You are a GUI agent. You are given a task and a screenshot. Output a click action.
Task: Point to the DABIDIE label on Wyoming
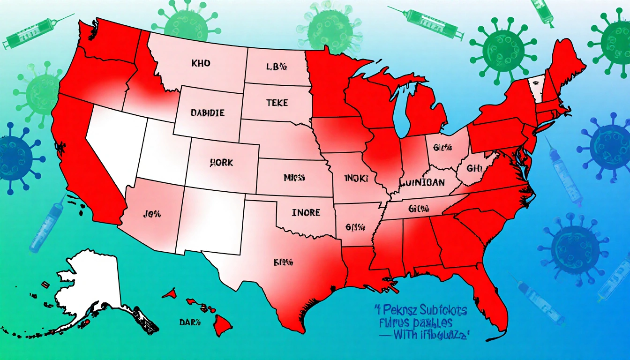coord(208,113)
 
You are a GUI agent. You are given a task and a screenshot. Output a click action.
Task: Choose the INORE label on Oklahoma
coord(306,213)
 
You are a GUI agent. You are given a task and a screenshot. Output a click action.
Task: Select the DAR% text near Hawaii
coord(190,322)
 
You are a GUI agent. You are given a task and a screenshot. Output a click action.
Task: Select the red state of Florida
coord(492,295)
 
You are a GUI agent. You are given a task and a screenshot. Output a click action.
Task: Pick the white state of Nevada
coord(112,141)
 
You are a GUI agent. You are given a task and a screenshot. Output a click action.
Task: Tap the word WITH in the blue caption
coord(406,335)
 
